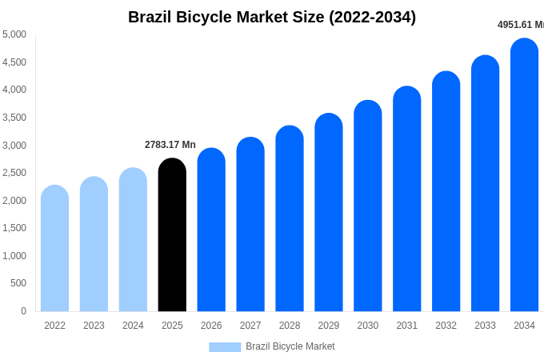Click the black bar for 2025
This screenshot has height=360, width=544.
tap(172, 235)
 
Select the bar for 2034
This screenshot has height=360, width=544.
tap(524, 175)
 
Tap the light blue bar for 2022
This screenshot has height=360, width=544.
tap(54, 249)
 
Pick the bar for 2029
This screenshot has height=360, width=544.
tap(329, 213)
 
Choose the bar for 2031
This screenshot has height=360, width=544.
tap(406, 199)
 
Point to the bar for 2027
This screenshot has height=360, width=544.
tap(250, 225)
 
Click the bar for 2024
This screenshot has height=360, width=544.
tap(133, 240)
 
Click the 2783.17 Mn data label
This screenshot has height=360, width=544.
tap(170, 145)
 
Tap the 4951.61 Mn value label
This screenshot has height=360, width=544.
tap(520, 25)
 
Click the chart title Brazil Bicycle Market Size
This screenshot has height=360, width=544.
tap(272, 17)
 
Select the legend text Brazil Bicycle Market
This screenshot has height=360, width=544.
tap(290, 346)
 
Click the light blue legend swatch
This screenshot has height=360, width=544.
tap(225, 347)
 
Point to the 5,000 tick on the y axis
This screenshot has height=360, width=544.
tap(14, 34)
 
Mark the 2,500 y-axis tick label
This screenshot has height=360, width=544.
tap(14, 173)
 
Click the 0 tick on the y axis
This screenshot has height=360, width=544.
tap(23, 311)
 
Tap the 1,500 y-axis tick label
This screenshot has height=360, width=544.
tap(14, 228)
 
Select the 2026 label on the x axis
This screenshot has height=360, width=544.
tap(211, 326)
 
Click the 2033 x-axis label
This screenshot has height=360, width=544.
tap(485, 326)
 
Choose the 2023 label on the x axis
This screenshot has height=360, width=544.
tap(94, 326)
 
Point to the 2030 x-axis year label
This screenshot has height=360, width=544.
tap(368, 326)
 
